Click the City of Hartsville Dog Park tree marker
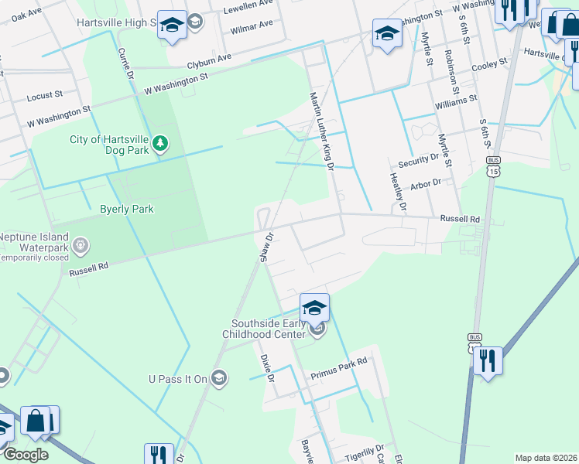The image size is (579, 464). pos(160,144)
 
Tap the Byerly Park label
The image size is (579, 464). pos(127,209)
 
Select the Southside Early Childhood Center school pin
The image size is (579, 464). pos(314,307)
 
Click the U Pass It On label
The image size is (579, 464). pos(178,378)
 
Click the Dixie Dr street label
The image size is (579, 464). pos(268,367)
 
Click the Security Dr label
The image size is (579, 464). pos(418,161)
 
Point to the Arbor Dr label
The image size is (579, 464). pos(426,184)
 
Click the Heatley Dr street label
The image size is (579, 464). pos(397,190)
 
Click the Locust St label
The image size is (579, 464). pos(44,96)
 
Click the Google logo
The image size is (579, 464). pos(25,455)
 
